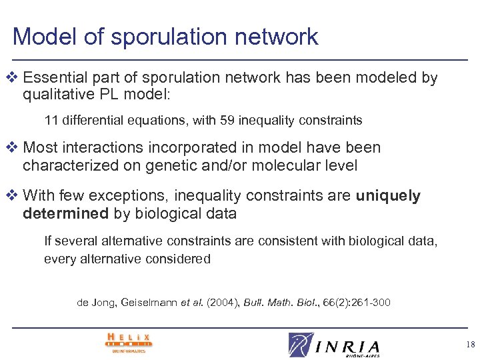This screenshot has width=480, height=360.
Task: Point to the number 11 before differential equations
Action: pos(51,121)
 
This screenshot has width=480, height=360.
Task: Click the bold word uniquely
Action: pos(388,196)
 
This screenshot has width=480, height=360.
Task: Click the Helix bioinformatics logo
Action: pos(129,341)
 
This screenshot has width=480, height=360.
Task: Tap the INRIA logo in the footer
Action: pos(335,344)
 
